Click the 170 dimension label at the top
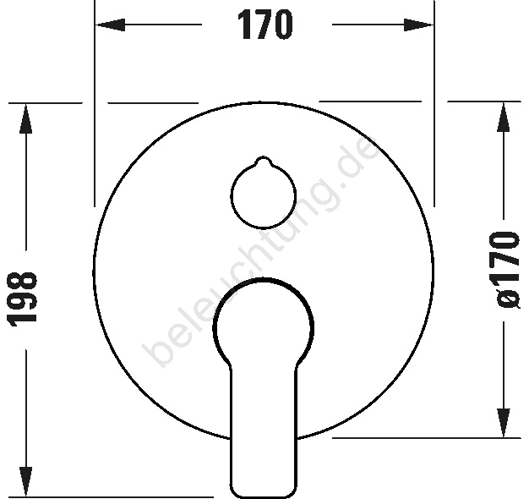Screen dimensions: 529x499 (265, 25)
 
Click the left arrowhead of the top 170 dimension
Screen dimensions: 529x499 (110, 25)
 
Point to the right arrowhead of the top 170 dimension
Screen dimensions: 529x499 (418, 25)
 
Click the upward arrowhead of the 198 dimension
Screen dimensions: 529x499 (25, 118)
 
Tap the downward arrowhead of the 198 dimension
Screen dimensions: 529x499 (25, 482)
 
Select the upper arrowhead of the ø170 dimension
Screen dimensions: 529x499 (504, 117)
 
